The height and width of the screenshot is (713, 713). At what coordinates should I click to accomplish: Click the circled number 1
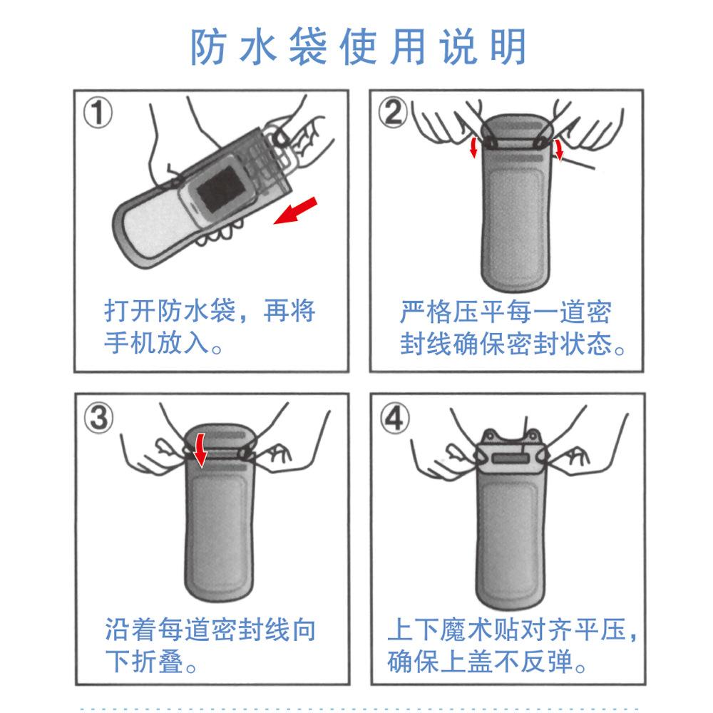[x=98, y=113]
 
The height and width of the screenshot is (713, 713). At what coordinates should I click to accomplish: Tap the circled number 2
[x=394, y=113]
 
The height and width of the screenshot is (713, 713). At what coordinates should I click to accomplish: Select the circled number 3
[x=98, y=418]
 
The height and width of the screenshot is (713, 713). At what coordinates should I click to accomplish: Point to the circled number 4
[x=395, y=418]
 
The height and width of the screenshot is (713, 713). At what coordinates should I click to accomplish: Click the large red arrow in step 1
[x=295, y=210]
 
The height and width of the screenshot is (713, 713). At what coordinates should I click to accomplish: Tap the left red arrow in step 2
[x=474, y=148]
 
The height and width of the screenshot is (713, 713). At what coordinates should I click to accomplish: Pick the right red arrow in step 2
[x=559, y=150]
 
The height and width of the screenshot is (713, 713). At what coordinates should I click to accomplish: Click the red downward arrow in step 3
[x=199, y=450]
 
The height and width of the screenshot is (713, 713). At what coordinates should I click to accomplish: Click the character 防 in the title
[x=208, y=46]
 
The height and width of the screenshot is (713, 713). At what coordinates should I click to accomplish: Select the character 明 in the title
[x=508, y=46]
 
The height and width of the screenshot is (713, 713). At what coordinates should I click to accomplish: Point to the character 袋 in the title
[x=308, y=46]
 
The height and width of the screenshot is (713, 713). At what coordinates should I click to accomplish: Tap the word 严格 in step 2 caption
[x=426, y=312]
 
